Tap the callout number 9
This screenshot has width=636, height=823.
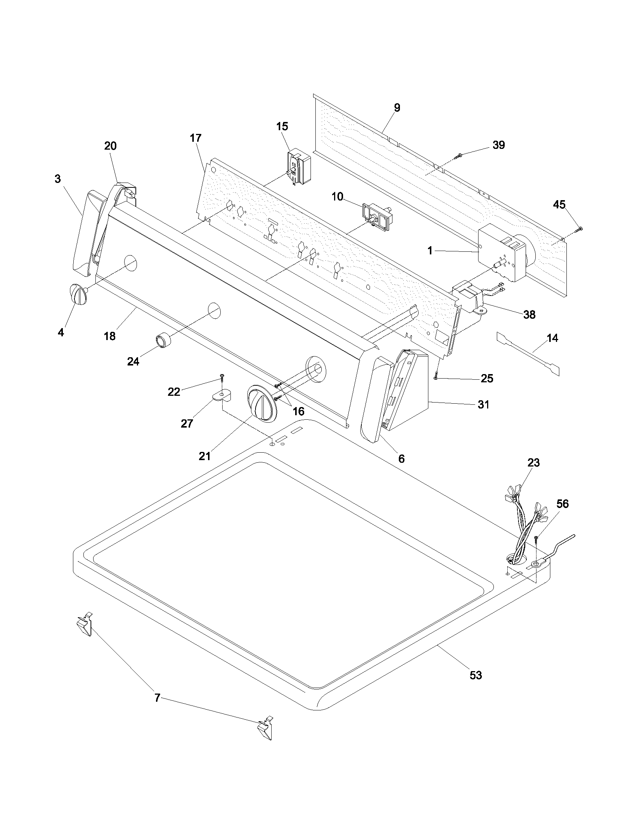pyautogui.click(x=397, y=108)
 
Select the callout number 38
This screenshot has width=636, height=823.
pyautogui.click(x=529, y=315)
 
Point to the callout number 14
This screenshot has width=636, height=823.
pyautogui.click(x=552, y=338)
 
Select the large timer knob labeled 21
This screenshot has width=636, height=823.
pyautogui.click(x=260, y=405)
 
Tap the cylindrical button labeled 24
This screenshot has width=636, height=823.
pyautogui.click(x=163, y=341)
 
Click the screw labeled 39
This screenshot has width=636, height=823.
pyautogui.click(x=459, y=155)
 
